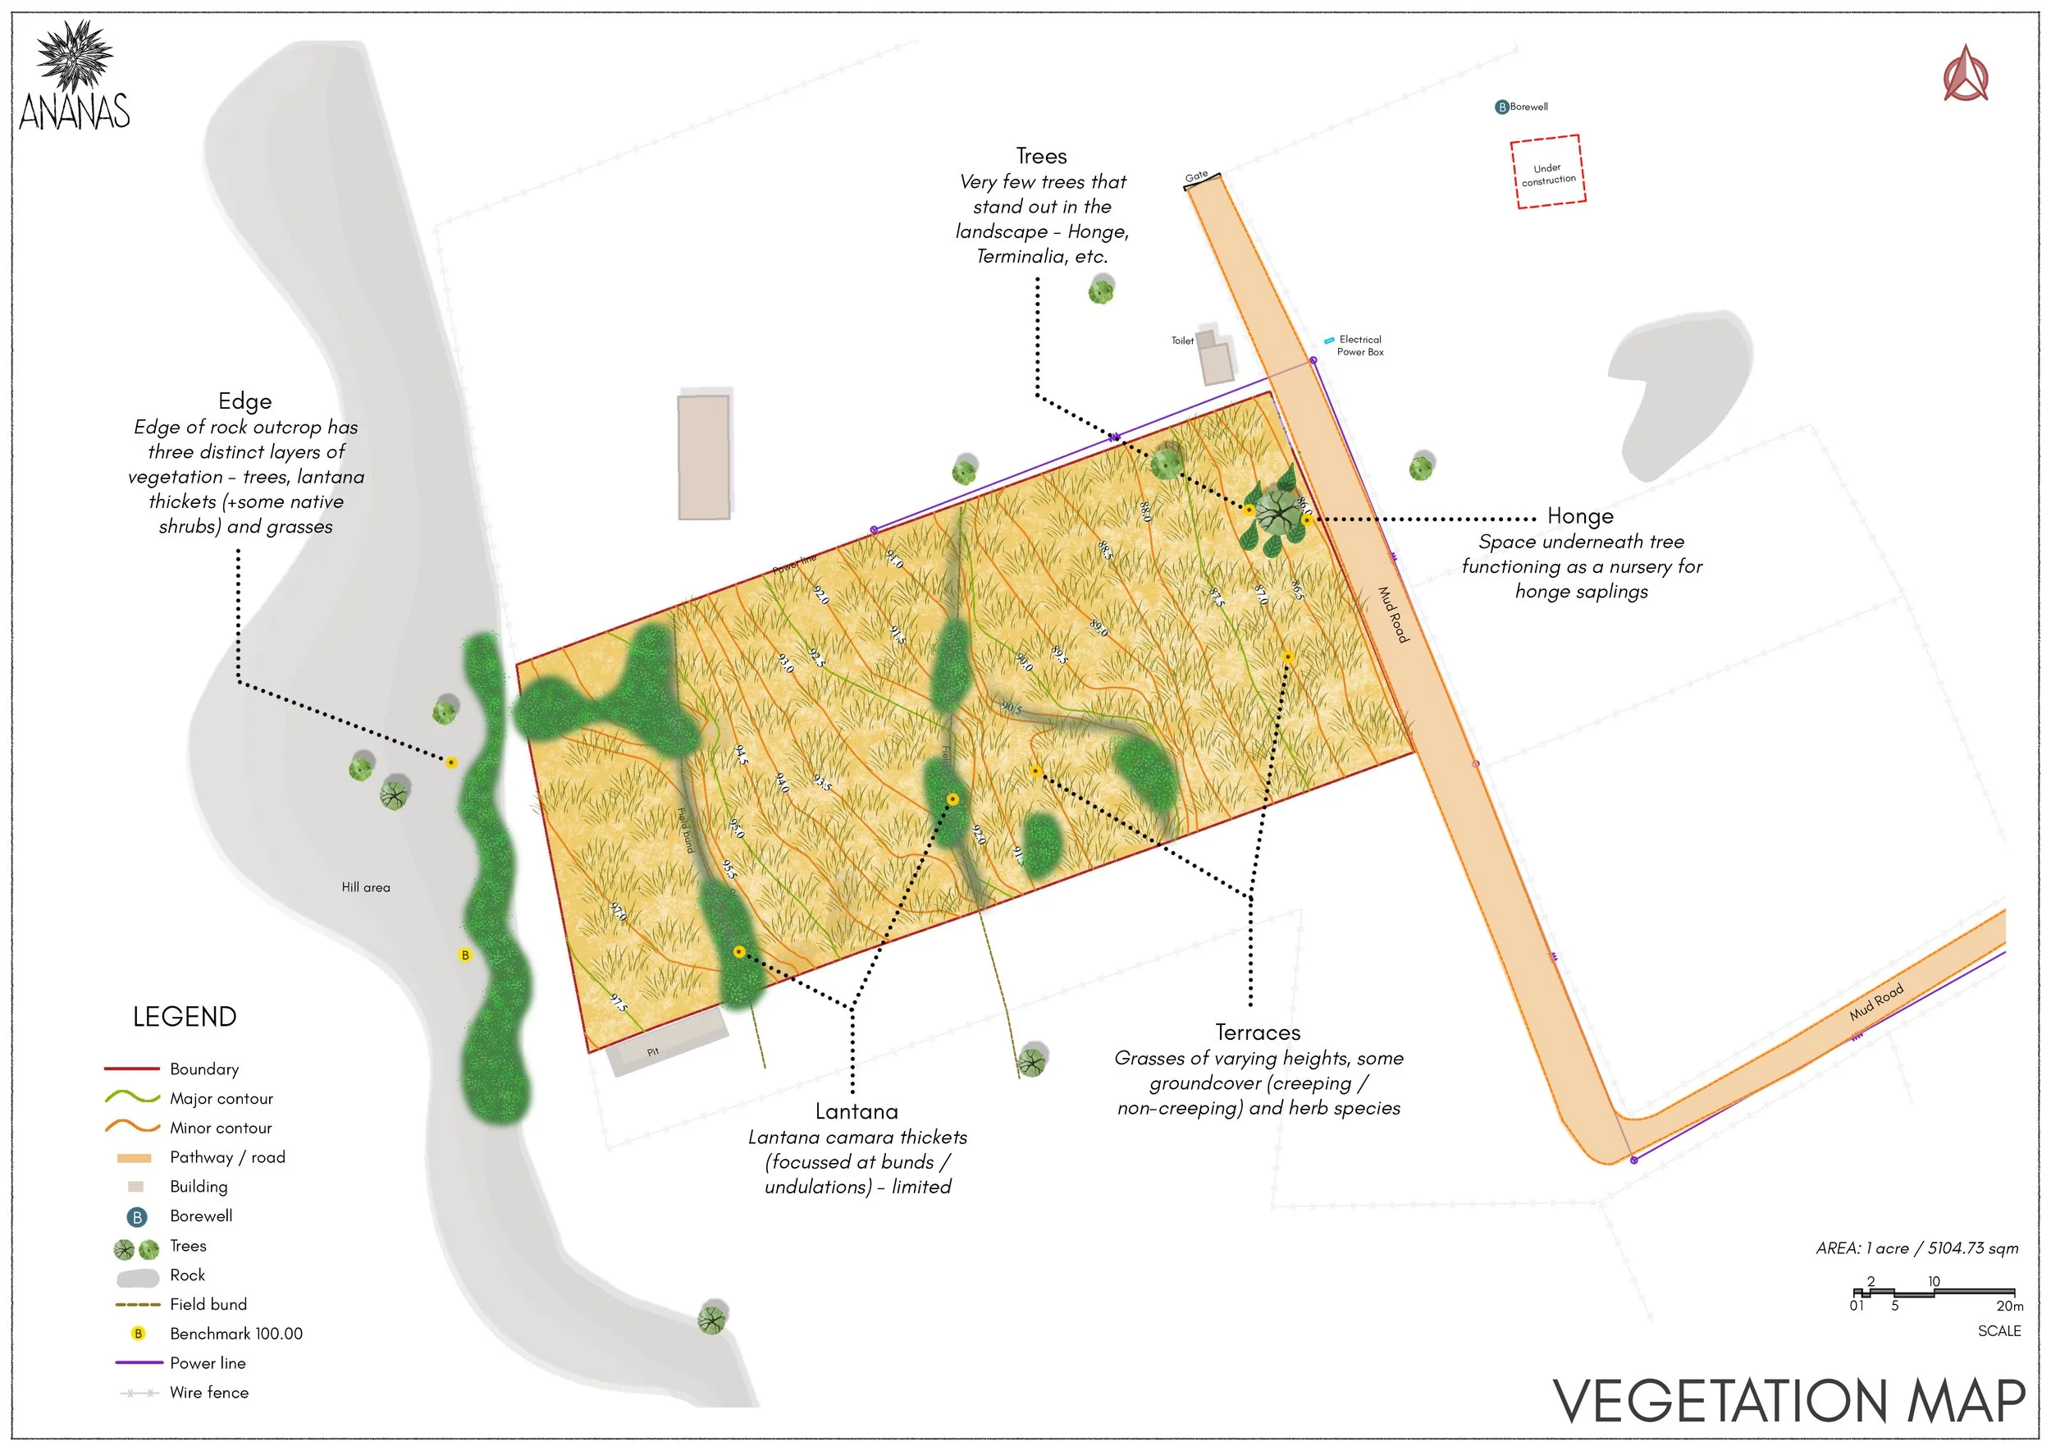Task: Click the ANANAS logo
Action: (75, 78)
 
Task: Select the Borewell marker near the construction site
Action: (1501, 108)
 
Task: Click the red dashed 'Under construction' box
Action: (1547, 172)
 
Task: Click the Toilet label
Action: (1182, 341)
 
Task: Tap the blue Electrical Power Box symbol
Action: (1329, 341)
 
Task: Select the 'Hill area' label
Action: (365, 887)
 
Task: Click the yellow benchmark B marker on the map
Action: (464, 955)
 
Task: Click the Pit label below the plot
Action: (653, 1051)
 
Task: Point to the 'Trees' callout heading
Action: (1042, 157)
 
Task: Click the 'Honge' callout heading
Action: (1579, 516)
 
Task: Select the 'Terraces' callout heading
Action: (1258, 1033)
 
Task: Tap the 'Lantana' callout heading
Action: (856, 1111)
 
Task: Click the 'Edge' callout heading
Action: (244, 401)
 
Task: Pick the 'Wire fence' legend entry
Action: (209, 1392)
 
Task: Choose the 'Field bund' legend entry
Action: (208, 1304)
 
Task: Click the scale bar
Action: (1933, 1292)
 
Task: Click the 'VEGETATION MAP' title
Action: (1789, 1401)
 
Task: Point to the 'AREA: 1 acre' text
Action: (1917, 1248)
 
